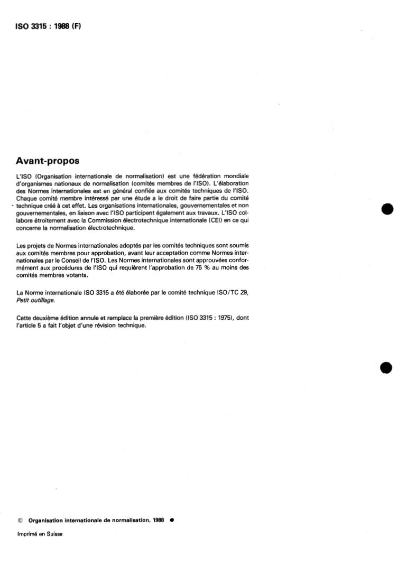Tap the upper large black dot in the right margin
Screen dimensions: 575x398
[x=387, y=209]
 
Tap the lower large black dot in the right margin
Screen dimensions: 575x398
[x=387, y=368]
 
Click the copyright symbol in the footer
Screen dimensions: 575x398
[x=20, y=520]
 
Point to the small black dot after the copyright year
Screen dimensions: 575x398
[x=172, y=520]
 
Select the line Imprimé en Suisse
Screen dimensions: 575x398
[x=40, y=534]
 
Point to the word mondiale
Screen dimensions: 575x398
[x=236, y=175]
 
